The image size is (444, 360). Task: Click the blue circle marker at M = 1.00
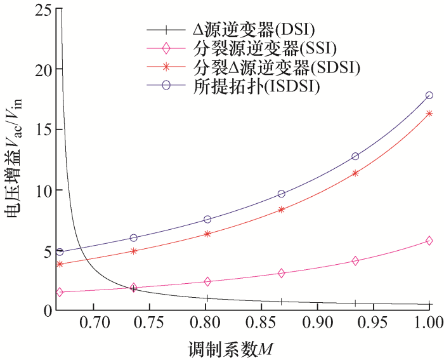pos(429,95)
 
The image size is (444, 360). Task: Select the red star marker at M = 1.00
pos(429,114)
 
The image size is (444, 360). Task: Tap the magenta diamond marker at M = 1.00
pos(429,241)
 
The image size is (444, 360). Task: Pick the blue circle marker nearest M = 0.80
pos(207,219)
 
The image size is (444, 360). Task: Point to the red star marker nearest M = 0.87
pos(282,210)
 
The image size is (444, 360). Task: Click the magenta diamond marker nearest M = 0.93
pos(355,260)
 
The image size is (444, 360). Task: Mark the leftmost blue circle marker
pos(60,252)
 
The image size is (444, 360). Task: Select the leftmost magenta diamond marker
pos(60,292)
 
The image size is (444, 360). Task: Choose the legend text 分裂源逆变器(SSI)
pos(264,48)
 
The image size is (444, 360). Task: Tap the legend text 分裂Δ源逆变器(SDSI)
pos(275,67)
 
